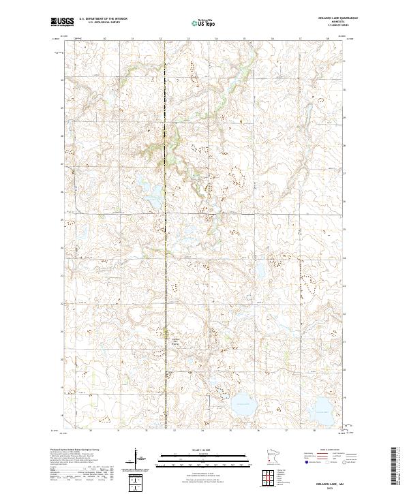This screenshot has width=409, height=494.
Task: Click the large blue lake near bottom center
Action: click(243, 406)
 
